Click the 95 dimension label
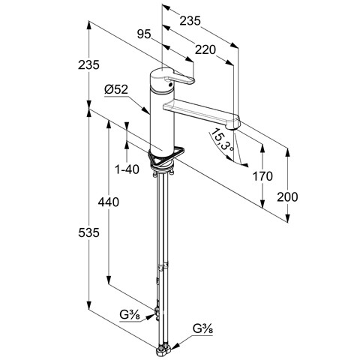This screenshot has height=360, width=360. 144,34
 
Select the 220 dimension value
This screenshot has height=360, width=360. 205,50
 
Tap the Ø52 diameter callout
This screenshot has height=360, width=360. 116,89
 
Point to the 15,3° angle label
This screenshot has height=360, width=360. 222,139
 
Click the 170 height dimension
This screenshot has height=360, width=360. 262,176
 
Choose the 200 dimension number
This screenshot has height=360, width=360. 287,197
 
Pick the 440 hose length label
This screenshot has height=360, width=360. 109,202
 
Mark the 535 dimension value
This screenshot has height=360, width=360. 88,233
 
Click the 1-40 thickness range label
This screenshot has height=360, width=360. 127,169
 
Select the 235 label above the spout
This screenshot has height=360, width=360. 190,21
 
